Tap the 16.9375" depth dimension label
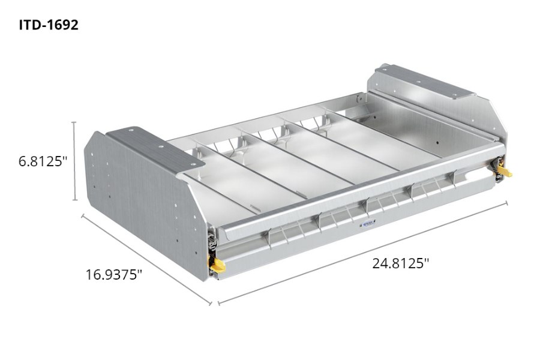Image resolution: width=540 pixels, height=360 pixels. [x=113, y=275]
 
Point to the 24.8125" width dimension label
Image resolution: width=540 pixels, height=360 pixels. [x=400, y=263]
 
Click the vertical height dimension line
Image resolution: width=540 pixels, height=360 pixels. [x=74, y=161]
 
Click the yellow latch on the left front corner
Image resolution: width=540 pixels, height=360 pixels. [x=217, y=262]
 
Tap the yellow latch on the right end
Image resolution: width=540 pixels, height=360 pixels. [x=505, y=173]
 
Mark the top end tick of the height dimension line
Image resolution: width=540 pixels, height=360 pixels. [x=74, y=122]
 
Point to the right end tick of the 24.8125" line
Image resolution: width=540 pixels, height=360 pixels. [x=506, y=202]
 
